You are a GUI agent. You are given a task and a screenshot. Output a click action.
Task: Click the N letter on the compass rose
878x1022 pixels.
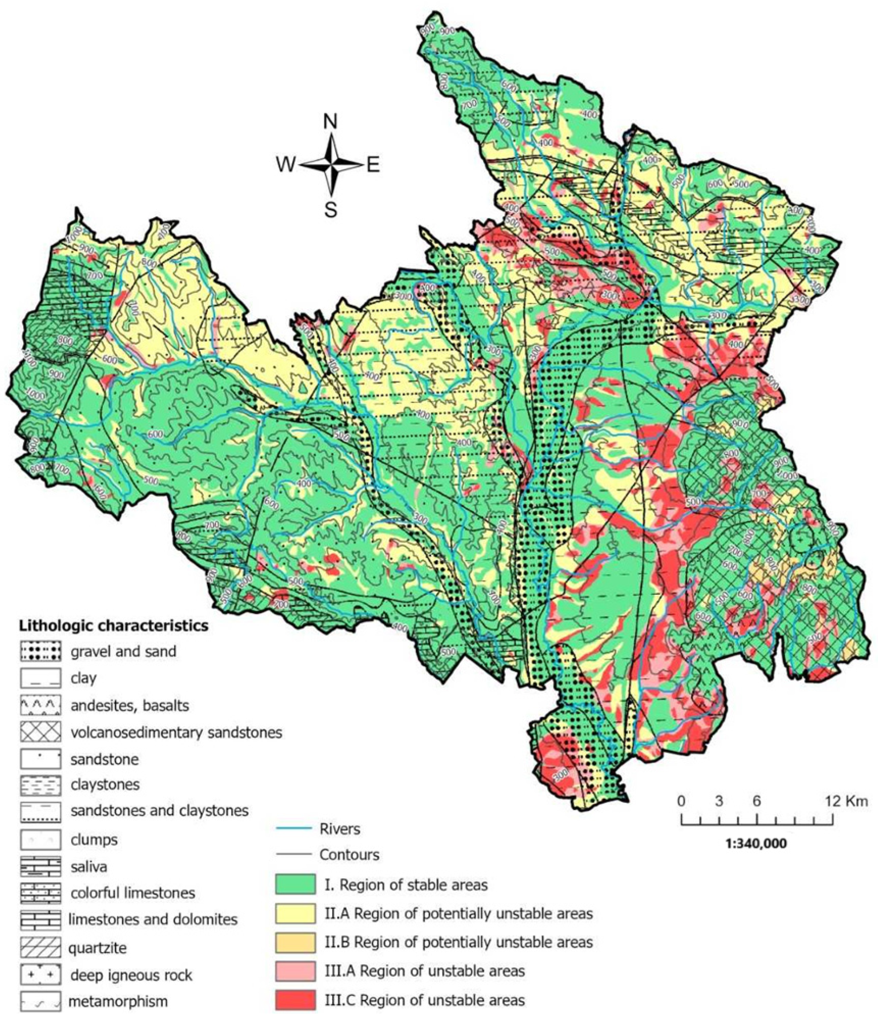coord(330,121)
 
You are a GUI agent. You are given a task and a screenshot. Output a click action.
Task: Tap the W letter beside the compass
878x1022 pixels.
coord(287,165)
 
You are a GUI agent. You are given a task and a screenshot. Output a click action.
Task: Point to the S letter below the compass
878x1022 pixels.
coord(330,210)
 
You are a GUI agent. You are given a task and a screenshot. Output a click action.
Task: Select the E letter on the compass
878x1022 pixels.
coord(373,165)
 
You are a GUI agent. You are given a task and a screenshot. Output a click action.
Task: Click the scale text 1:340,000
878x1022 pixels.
coord(756,843)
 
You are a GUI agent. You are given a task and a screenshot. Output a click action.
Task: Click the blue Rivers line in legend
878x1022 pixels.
coord(294,828)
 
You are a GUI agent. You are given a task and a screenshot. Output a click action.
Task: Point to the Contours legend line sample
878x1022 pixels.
coord(294,854)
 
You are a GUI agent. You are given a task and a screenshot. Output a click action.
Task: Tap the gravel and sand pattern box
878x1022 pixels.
coord(40,651)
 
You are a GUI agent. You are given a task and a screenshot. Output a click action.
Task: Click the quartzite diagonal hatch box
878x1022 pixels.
coord(40,948)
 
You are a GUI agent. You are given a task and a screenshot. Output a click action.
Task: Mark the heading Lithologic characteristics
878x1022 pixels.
coord(113,626)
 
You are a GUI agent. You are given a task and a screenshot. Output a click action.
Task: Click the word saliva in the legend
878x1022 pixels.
coord(89,867)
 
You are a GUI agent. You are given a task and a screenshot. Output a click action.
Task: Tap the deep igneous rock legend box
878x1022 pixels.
coord(40,975)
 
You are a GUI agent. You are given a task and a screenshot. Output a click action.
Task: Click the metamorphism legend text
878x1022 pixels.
coord(118,1001)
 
